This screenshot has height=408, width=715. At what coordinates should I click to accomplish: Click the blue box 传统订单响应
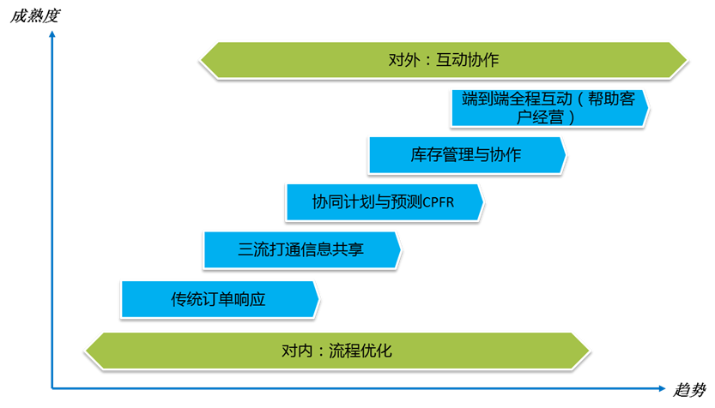(x=219, y=299)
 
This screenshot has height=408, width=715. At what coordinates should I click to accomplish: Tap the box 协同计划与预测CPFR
(x=384, y=202)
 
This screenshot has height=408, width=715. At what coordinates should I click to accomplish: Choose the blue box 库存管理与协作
(x=466, y=155)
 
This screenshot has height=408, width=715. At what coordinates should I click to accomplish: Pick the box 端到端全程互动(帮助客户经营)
(x=548, y=107)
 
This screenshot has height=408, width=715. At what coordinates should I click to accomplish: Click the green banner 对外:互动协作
(x=443, y=60)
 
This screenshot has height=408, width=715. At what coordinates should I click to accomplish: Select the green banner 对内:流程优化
(x=336, y=351)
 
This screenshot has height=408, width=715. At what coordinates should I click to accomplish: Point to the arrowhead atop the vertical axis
(x=52, y=34)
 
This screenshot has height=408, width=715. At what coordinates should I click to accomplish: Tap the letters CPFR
(x=439, y=203)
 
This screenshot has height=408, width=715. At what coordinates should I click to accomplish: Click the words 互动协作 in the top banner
(x=468, y=60)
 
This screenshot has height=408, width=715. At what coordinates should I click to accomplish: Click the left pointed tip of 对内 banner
(x=84, y=351)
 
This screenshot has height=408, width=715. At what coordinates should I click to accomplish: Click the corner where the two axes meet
(x=52, y=387)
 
